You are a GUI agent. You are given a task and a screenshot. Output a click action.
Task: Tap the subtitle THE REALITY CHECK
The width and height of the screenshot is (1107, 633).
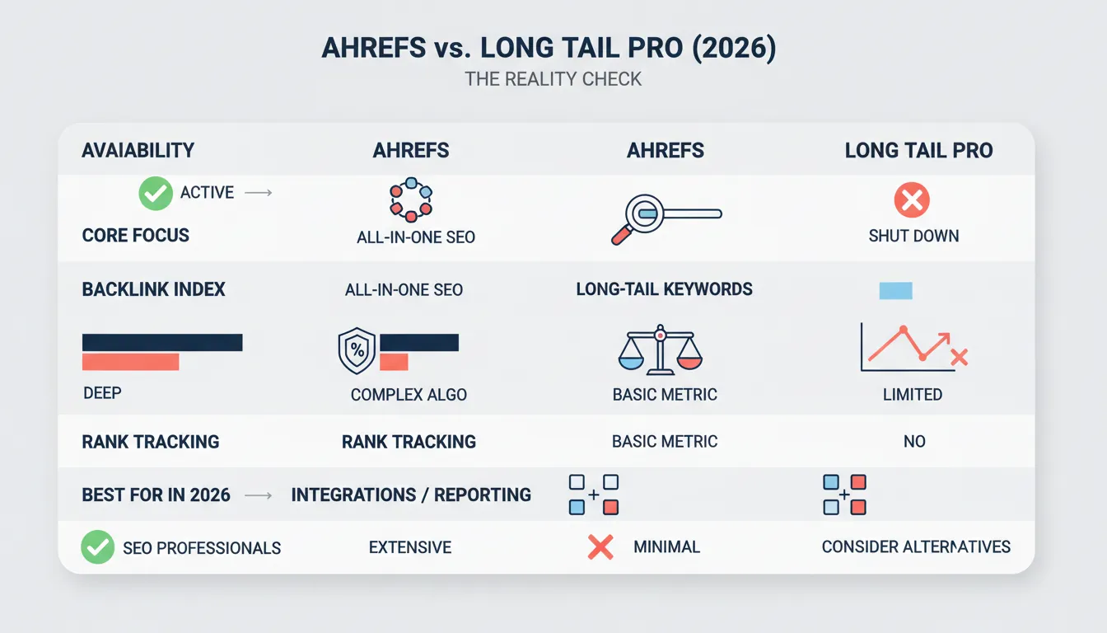(553, 80)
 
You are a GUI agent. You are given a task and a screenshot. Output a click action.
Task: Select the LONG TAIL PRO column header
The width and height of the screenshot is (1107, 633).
(918, 151)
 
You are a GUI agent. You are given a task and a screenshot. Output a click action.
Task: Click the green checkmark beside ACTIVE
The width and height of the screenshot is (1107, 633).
(156, 194)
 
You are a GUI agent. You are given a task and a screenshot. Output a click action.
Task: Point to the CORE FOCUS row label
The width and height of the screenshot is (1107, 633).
(136, 236)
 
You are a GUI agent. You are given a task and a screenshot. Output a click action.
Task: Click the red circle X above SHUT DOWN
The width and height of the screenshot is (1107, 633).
(912, 200)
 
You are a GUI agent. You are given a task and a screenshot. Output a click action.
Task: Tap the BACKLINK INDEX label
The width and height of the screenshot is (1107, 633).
(154, 290)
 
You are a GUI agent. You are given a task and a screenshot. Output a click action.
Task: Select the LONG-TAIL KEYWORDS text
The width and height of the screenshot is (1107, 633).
(664, 290)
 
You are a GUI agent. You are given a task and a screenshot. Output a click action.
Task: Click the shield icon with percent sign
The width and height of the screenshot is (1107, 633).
(357, 351)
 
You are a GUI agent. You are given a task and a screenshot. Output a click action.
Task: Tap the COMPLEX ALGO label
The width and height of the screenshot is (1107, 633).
(409, 395)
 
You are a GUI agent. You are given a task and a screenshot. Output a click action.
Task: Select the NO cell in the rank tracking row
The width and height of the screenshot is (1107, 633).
(914, 442)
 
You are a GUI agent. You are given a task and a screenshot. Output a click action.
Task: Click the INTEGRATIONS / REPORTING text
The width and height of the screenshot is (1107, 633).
(411, 495)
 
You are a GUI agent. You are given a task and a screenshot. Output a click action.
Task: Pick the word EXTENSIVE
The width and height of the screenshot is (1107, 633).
(410, 547)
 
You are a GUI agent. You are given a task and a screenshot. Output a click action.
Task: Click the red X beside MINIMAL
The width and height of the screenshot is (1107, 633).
(600, 546)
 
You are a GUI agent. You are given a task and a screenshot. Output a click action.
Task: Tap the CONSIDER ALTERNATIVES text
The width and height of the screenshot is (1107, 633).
(916, 547)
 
